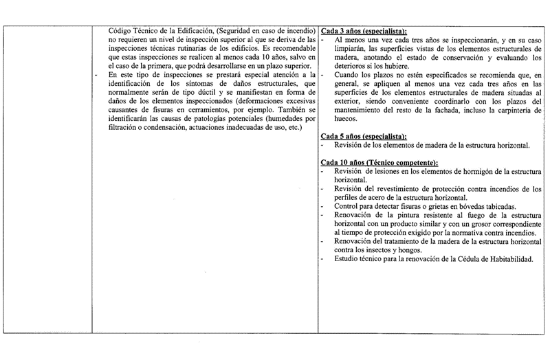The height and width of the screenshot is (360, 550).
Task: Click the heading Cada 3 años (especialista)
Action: tap(364, 32)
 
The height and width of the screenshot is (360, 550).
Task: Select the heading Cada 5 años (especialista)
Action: tap(364, 137)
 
